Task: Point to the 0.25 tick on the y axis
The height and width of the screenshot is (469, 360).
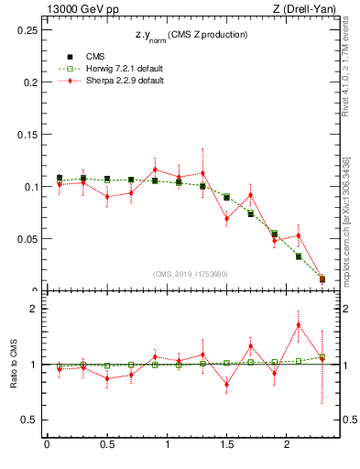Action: pos(25,29)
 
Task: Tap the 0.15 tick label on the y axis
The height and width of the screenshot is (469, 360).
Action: pos(25,135)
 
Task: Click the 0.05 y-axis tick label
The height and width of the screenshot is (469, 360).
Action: pos(25,239)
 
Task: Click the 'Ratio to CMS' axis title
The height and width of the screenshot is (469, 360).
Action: pos(13,364)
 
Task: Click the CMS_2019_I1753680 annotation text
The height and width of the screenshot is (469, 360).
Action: pos(190,274)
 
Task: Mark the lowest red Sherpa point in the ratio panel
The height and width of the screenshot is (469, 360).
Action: pos(226,384)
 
